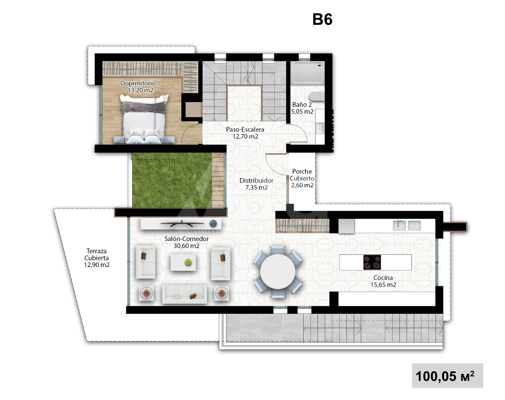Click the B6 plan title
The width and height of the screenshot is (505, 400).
(x=322, y=19)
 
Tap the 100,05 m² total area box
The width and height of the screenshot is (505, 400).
(x=447, y=376)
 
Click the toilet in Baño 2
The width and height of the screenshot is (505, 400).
(x=317, y=96)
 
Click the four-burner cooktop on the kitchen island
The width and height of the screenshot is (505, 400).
(x=372, y=262)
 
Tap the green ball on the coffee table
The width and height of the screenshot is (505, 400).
(x=188, y=262)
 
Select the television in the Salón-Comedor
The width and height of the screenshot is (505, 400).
(x=182, y=223)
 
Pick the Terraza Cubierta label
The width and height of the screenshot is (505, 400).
(x=97, y=258)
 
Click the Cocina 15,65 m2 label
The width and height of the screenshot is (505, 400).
(x=383, y=281)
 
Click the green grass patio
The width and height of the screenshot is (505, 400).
(x=172, y=180)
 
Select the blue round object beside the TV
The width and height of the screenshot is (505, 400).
(x=213, y=223)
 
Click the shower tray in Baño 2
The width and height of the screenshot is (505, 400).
(x=308, y=73)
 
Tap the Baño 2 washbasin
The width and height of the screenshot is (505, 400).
(x=320, y=128)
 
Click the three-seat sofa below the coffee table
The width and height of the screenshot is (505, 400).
(x=185, y=294)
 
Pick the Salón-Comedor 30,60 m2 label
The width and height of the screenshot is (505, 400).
(x=186, y=242)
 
